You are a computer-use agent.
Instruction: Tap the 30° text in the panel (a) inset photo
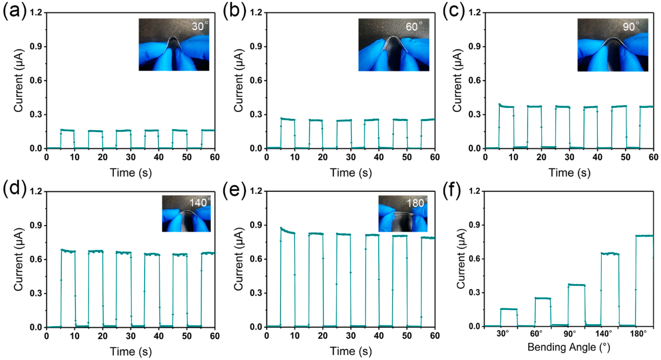(200, 26)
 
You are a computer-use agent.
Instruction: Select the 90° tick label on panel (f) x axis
(570, 334)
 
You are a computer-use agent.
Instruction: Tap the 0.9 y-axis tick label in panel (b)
(256, 47)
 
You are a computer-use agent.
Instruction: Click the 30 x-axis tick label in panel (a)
(131, 157)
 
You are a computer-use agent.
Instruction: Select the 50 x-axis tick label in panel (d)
(187, 336)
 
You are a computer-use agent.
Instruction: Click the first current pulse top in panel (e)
(287, 231)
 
